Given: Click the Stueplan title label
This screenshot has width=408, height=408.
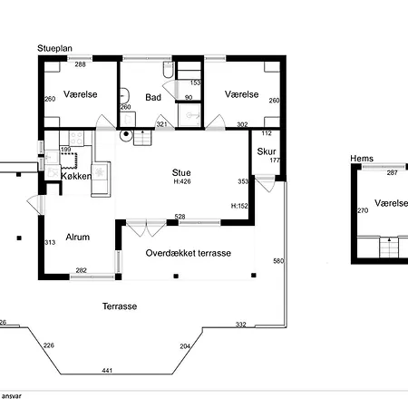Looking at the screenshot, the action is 54,48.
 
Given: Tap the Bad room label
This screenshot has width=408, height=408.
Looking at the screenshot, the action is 153,97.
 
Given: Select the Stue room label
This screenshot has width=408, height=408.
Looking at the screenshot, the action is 181,172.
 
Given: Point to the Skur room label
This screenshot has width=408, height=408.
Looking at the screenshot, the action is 267,151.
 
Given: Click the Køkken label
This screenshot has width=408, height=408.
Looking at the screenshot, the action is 76,176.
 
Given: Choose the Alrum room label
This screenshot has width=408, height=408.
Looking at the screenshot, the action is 78,237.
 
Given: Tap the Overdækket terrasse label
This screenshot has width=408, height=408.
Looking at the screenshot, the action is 189,253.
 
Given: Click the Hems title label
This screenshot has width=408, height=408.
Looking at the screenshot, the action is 362,159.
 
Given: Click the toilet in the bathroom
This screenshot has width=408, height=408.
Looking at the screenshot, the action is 168,69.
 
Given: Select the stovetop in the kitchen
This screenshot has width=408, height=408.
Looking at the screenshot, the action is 76,138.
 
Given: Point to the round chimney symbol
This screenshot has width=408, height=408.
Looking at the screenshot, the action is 126,134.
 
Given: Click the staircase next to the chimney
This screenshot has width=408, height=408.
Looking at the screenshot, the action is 142,138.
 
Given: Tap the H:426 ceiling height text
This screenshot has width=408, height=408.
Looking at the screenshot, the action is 182,181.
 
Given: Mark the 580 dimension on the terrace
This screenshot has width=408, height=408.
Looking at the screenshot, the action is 278,261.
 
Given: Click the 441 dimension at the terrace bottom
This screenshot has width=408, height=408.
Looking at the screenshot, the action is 107,370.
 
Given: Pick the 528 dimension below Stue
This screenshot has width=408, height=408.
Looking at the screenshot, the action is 180,217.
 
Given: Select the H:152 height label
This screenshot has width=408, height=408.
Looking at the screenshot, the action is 239,206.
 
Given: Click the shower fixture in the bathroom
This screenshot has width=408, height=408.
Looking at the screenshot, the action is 189,115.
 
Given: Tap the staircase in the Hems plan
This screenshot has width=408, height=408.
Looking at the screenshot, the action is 389,248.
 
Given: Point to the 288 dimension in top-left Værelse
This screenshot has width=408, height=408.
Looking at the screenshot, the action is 81,64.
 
